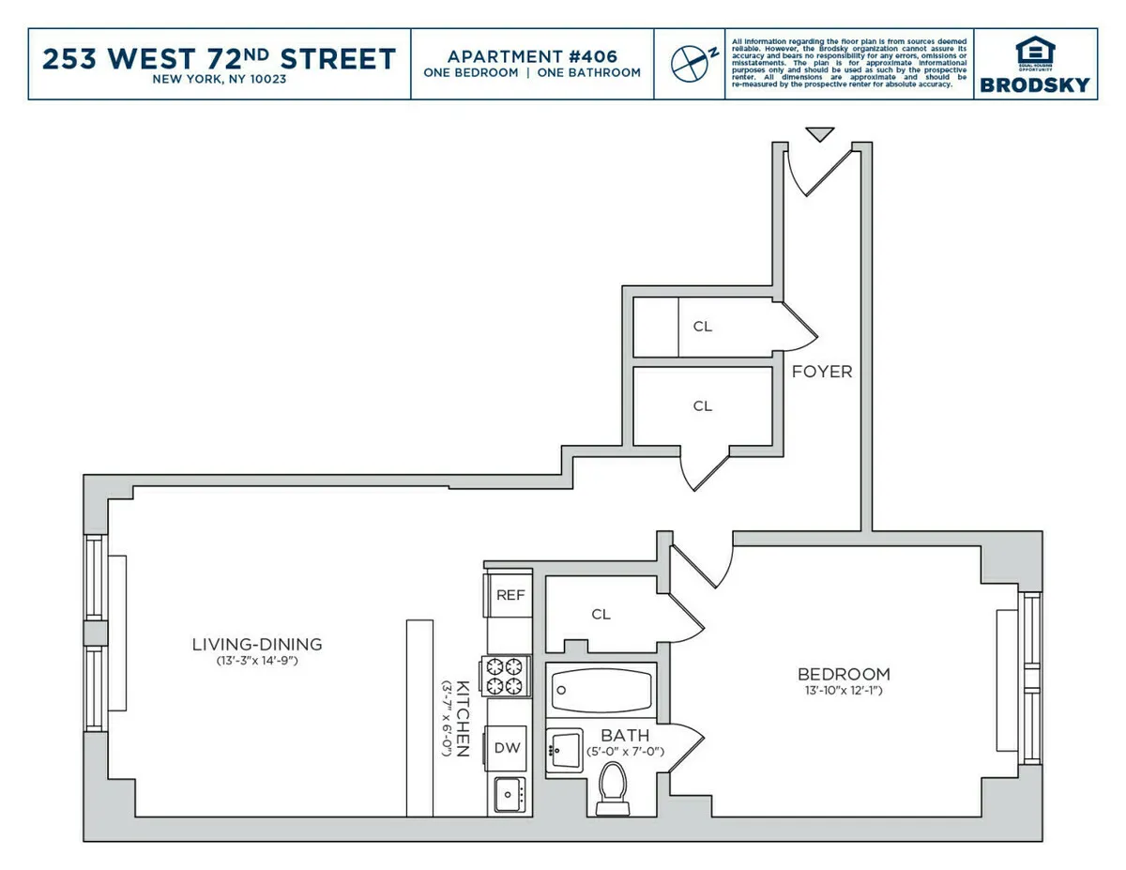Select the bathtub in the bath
point(599,690)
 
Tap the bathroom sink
point(566,749)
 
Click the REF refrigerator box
point(510,595)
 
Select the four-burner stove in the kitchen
point(508,676)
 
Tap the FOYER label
point(822,372)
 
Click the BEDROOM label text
point(844,674)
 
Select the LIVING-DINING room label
point(256,644)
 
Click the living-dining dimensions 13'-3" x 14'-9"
point(256,661)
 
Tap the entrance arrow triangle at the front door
point(820,134)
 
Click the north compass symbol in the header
point(690,62)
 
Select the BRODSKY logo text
point(1035,84)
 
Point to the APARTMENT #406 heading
point(532,55)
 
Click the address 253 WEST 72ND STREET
point(220,58)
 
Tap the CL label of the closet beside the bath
point(601,615)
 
